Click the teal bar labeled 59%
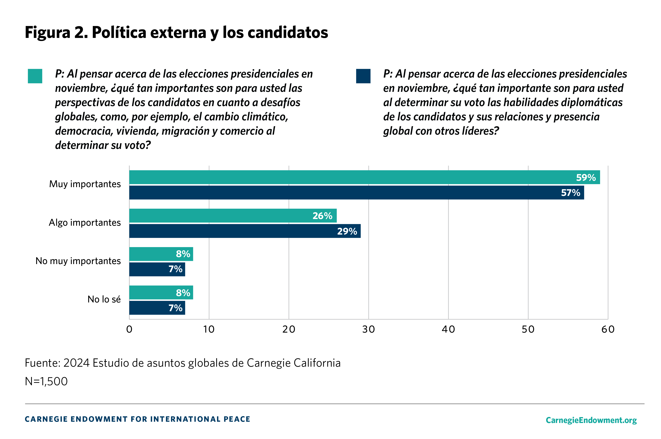tap(364, 177)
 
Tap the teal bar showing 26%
tap(232, 216)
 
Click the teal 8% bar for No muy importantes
tap(161, 254)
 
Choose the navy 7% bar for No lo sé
tap(157, 308)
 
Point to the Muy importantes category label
tap(85, 184)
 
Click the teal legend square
tap(35, 76)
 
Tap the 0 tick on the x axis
tap(129, 329)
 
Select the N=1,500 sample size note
tap(46, 381)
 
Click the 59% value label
tap(586, 177)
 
